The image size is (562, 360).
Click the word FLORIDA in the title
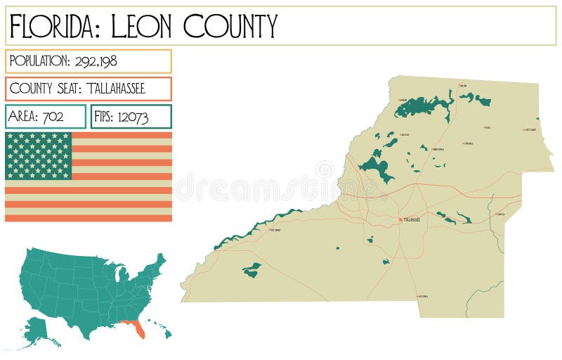tap(53, 26)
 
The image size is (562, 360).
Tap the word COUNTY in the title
tap(230, 26)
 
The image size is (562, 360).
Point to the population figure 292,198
tap(93, 61)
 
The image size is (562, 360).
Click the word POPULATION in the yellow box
tap(39, 61)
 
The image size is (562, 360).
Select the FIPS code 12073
tap(133, 117)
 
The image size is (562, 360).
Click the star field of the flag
tap(39, 155)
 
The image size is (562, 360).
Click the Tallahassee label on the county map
tap(412, 220)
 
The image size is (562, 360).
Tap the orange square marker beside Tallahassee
tap(400, 220)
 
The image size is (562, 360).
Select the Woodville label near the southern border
tap(423, 297)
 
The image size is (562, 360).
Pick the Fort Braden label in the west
tap(275, 230)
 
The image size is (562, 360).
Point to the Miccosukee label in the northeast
tap(530, 130)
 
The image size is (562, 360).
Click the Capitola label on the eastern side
tap(500, 214)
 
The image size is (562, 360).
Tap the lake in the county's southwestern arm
tap(251, 269)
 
